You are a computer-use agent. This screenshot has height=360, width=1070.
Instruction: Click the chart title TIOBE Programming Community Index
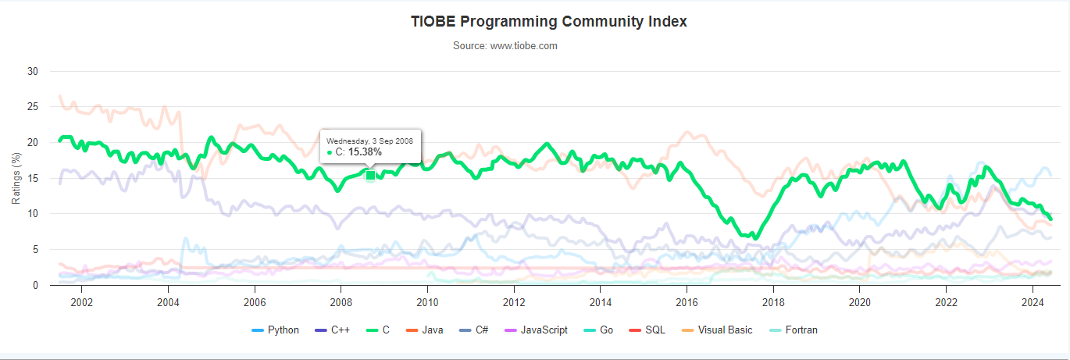(548, 21)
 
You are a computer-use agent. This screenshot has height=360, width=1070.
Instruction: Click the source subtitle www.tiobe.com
(505, 45)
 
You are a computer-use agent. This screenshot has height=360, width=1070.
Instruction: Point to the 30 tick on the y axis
(33, 71)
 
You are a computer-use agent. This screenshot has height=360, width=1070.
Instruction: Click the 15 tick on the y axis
(33, 178)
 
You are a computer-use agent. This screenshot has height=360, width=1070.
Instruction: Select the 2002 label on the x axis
(81, 301)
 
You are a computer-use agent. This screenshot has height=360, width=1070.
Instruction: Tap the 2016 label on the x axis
(687, 301)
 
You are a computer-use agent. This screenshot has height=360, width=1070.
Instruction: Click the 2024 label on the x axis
(1033, 301)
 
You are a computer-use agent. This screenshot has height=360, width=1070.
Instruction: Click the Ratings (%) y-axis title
(16, 179)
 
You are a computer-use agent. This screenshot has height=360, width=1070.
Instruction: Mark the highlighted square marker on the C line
(371, 175)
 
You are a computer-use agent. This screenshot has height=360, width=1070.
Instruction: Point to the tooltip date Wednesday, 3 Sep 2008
(369, 141)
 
